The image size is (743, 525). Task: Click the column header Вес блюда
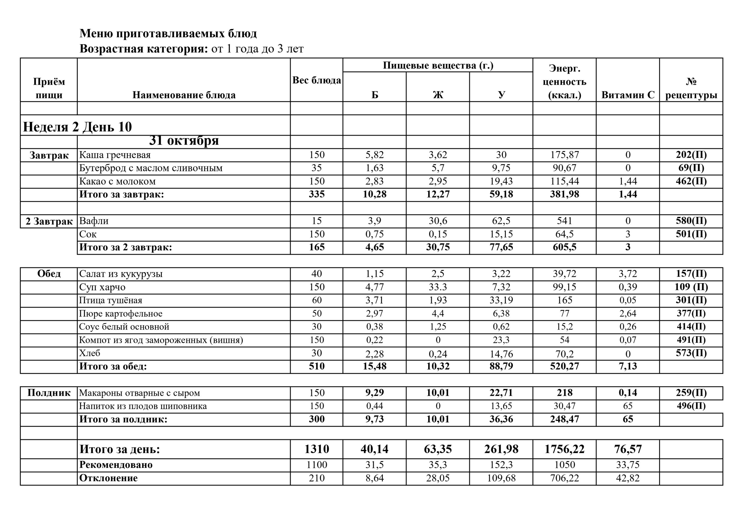(316, 80)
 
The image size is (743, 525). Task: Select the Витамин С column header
(627, 95)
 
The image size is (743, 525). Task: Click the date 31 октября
(184, 141)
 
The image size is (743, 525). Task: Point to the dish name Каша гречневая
(115, 155)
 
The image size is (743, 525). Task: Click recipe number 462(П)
(691, 181)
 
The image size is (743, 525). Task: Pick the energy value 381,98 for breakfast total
(565, 194)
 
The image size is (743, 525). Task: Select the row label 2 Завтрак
(49, 221)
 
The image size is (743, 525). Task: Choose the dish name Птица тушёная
(111, 300)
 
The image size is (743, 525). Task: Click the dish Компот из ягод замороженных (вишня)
(161, 340)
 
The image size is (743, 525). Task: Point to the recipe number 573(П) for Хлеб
(691, 353)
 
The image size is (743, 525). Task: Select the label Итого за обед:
(113, 367)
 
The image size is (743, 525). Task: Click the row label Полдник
(49, 393)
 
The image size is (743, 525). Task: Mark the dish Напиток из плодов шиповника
(143, 406)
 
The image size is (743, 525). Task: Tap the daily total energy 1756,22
(565, 449)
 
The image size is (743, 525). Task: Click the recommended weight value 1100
(316, 465)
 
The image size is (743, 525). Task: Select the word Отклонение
(109, 478)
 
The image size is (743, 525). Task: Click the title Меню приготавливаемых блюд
(168, 33)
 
